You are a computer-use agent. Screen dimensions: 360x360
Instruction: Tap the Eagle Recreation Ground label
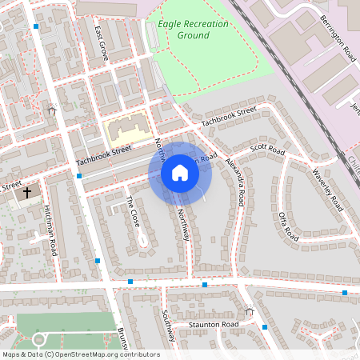point(193,30)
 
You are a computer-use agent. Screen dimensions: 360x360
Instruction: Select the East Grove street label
point(100,46)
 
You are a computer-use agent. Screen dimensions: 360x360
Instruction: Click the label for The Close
point(133,210)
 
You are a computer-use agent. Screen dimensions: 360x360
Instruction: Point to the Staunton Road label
point(214,324)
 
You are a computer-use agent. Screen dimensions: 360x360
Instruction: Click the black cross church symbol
point(27,193)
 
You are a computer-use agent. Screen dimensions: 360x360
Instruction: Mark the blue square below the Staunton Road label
point(264,327)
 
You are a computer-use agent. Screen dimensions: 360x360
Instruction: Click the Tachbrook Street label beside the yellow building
point(103,156)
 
